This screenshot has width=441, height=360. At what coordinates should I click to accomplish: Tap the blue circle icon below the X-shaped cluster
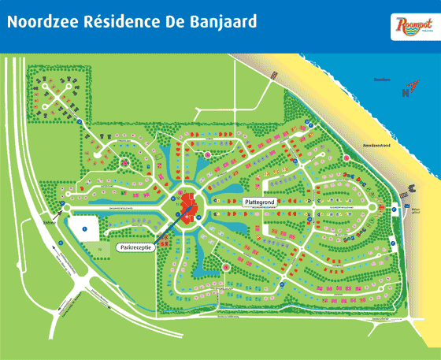[81, 122]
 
